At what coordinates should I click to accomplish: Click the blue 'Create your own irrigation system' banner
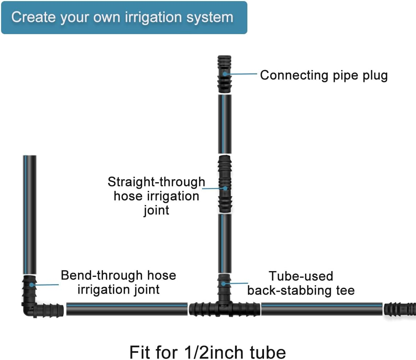(124, 17)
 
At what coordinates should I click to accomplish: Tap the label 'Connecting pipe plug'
(324, 75)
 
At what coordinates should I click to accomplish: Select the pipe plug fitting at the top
(225, 74)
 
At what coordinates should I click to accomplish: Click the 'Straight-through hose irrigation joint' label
(156, 196)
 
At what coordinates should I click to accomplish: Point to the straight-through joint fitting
(225, 184)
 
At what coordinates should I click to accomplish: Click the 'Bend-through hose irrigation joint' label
(118, 282)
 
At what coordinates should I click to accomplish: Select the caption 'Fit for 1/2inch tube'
(207, 352)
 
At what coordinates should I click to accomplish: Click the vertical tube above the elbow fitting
(30, 214)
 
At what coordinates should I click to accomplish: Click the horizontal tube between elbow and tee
(126, 308)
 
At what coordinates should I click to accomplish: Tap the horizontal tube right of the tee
(322, 308)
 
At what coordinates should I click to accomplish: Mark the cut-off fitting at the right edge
(400, 309)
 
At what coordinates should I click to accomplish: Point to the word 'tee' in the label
(345, 290)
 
